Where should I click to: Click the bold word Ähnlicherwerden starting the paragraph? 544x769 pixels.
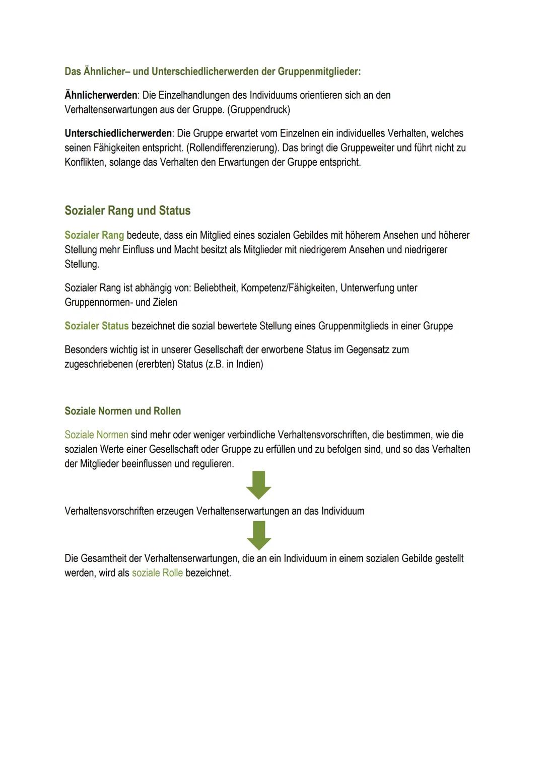(101, 95)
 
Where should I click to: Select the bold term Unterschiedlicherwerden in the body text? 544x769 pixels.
(118, 133)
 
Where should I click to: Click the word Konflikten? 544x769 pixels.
(85, 163)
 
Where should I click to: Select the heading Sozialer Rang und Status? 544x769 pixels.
(127, 211)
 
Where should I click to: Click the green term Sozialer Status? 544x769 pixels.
(96, 326)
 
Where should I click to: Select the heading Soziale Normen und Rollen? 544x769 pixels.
(122, 411)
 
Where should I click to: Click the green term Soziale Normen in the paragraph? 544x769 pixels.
(96, 435)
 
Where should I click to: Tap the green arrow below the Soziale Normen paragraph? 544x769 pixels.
(259, 485)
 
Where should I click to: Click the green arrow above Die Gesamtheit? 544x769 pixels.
(259, 535)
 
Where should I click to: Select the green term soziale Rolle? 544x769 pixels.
(157, 573)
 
